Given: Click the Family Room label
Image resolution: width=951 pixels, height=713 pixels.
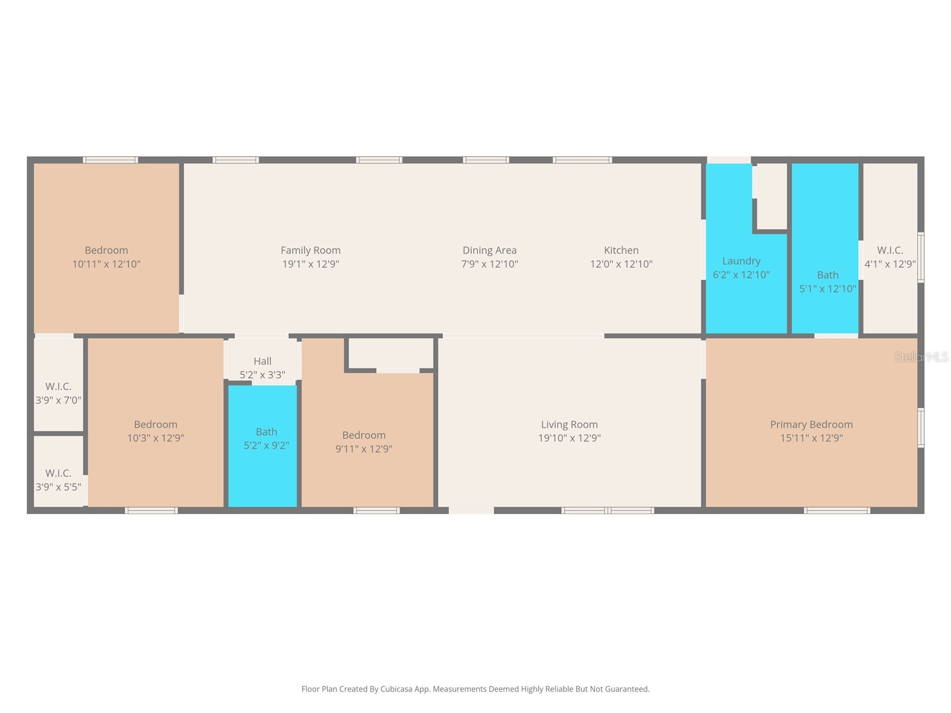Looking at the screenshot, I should (310, 250).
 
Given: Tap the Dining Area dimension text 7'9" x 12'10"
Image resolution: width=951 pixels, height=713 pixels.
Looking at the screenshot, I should (489, 264).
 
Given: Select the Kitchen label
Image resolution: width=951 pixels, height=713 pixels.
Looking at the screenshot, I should (621, 250).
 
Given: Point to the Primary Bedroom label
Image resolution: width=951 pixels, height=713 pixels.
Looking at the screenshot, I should (811, 424).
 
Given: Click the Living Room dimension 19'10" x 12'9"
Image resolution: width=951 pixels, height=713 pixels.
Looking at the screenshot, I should (569, 438).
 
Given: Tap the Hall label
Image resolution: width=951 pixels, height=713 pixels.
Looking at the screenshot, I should (262, 361).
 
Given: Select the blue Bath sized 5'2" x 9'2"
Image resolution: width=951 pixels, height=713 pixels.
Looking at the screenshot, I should (263, 452).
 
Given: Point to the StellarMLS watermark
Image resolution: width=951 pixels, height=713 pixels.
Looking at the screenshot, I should (921, 357).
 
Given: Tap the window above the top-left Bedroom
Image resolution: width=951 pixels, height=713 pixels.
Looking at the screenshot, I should (111, 160).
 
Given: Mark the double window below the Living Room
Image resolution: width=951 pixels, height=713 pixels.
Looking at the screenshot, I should (607, 510).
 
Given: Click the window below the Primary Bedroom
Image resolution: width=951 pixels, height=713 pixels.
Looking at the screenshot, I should (837, 510).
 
